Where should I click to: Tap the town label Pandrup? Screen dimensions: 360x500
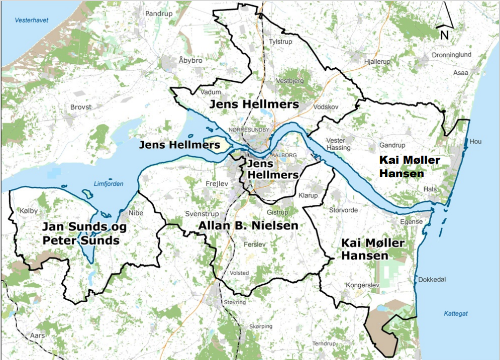click(159, 14)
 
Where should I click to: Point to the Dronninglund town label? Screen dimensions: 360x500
click(450, 55)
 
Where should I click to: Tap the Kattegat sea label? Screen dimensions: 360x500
click(456, 313)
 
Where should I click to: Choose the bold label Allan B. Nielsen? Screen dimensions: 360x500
click(248, 225)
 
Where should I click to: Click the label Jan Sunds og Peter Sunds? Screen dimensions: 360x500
click(81, 233)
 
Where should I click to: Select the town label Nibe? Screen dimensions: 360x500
click(136, 213)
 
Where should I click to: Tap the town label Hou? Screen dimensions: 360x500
click(475, 142)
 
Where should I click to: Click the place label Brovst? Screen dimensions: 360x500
click(81, 107)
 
